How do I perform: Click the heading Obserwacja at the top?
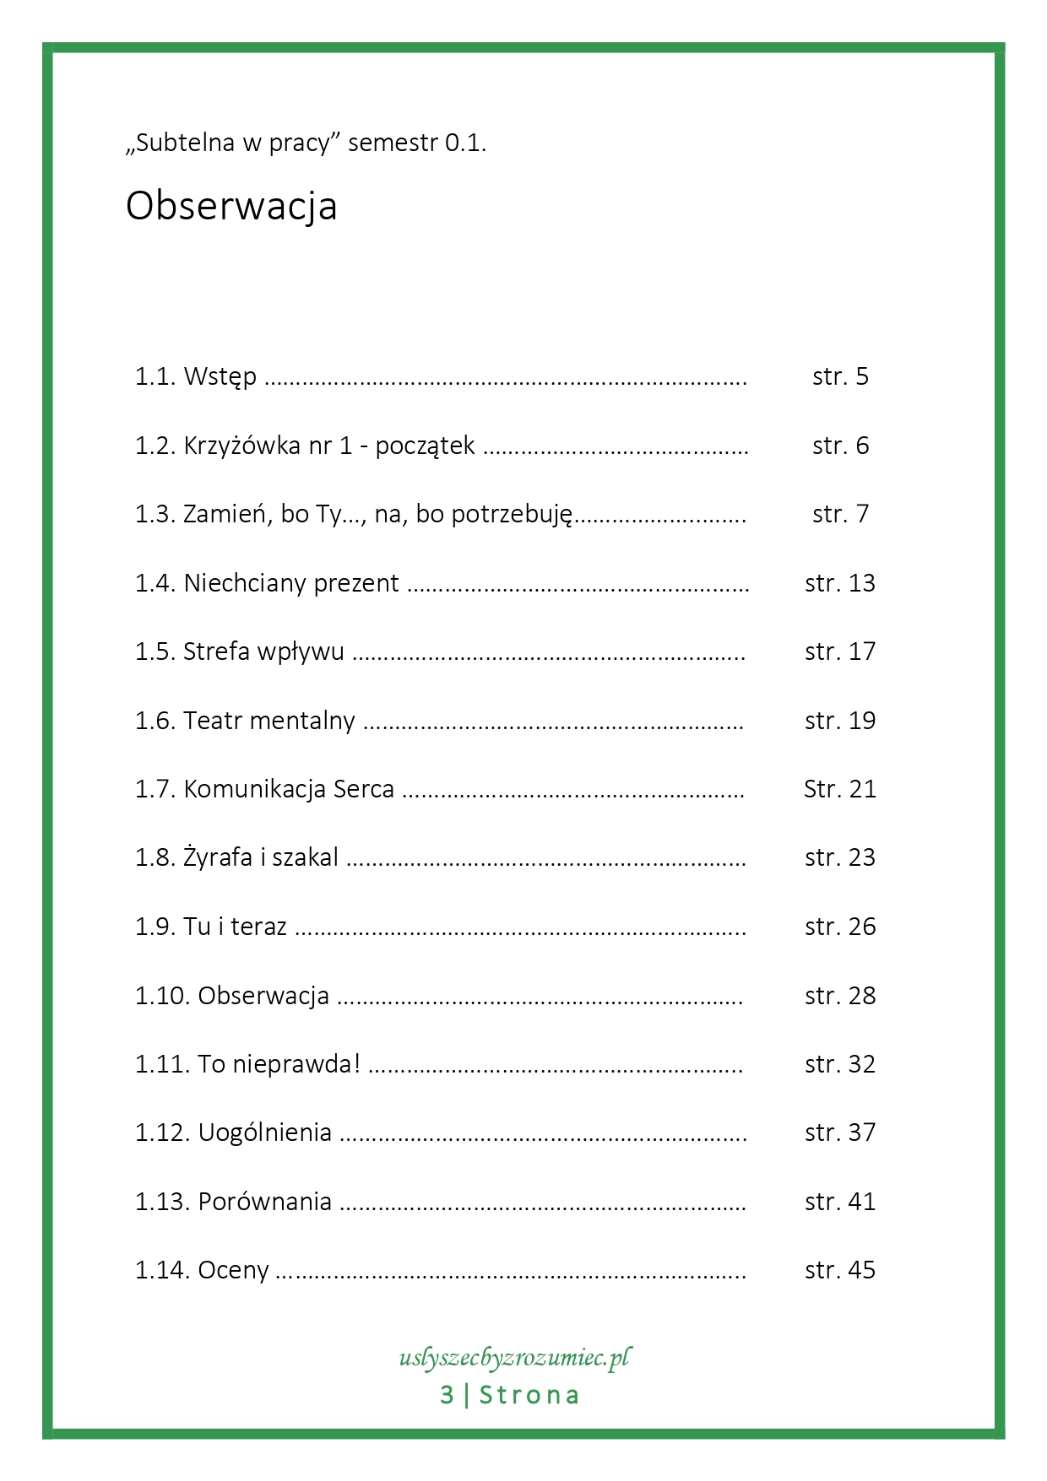[x=231, y=206]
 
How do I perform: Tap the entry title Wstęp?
[x=220, y=376]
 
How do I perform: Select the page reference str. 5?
[x=840, y=376]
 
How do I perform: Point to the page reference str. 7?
[x=840, y=514]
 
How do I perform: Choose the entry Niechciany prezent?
[x=291, y=583]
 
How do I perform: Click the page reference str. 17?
[x=840, y=651]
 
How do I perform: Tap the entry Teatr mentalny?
[x=269, y=721]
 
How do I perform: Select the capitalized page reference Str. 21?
[x=840, y=789]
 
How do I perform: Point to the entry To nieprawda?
[x=279, y=1064]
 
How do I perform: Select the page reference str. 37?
[x=840, y=1132]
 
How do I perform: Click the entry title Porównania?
[x=264, y=1202]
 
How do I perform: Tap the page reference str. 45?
[x=840, y=1270]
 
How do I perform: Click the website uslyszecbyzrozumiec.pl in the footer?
[x=514, y=1358]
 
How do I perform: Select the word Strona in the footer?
[x=529, y=1396]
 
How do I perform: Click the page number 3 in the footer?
[x=448, y=1396]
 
